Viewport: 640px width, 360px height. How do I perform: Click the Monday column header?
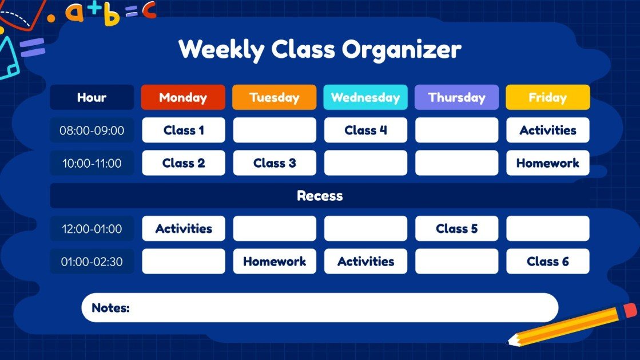point(183,97)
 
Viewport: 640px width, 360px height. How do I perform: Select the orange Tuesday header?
point(274,97)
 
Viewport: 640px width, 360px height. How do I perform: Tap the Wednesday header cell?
point(365,97)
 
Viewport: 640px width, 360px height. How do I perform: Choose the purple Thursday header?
point(456,97)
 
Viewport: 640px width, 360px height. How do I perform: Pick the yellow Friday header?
point(547,97)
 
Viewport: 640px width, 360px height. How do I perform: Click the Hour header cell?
point(92,97)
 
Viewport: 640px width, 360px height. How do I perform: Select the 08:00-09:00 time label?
point(92,130)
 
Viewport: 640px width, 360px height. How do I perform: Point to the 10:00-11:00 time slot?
point(92,163)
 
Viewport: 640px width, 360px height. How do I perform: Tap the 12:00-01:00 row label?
point(92,229)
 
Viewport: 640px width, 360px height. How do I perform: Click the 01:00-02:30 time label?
point(92,262)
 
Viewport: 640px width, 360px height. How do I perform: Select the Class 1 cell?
point(183,130)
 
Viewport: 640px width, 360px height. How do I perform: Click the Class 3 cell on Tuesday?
point(274,163)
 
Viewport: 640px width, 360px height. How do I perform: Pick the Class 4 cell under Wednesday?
point(365,130)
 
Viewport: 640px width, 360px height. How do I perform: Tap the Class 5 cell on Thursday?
point(456,229)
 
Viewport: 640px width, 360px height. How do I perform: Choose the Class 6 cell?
point(547,262)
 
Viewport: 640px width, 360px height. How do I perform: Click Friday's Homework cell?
point(547,163)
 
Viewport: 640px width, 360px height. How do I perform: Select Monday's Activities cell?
point(183,229)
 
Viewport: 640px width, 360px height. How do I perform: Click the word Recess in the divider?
point(320,196)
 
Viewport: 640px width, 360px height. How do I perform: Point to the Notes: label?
point(111,308)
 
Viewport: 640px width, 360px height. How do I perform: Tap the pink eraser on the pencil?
point(629,310)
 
